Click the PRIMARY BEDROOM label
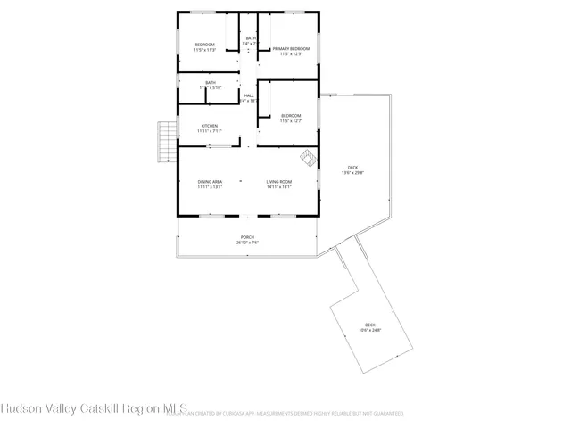tap(292, 48)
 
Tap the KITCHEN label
tap(210, 126)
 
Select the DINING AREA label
tap(210, 182)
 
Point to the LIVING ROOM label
tap(279, 182)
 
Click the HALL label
tap(249, 95)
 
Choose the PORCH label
tap(247, 237)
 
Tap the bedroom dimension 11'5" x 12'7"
tap(291, 120)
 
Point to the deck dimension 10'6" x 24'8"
tap(370, 330)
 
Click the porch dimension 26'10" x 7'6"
tap(247, 243)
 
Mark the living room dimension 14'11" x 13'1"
tap(279, 187)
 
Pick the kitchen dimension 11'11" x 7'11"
tap(210, 131)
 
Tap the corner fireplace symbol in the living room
tap(308, 158)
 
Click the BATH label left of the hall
tap(210, 83)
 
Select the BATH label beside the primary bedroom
tap(251, 38)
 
